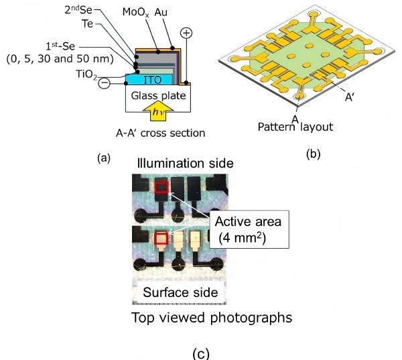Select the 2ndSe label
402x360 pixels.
pyautogui.click(x=101, y=11)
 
